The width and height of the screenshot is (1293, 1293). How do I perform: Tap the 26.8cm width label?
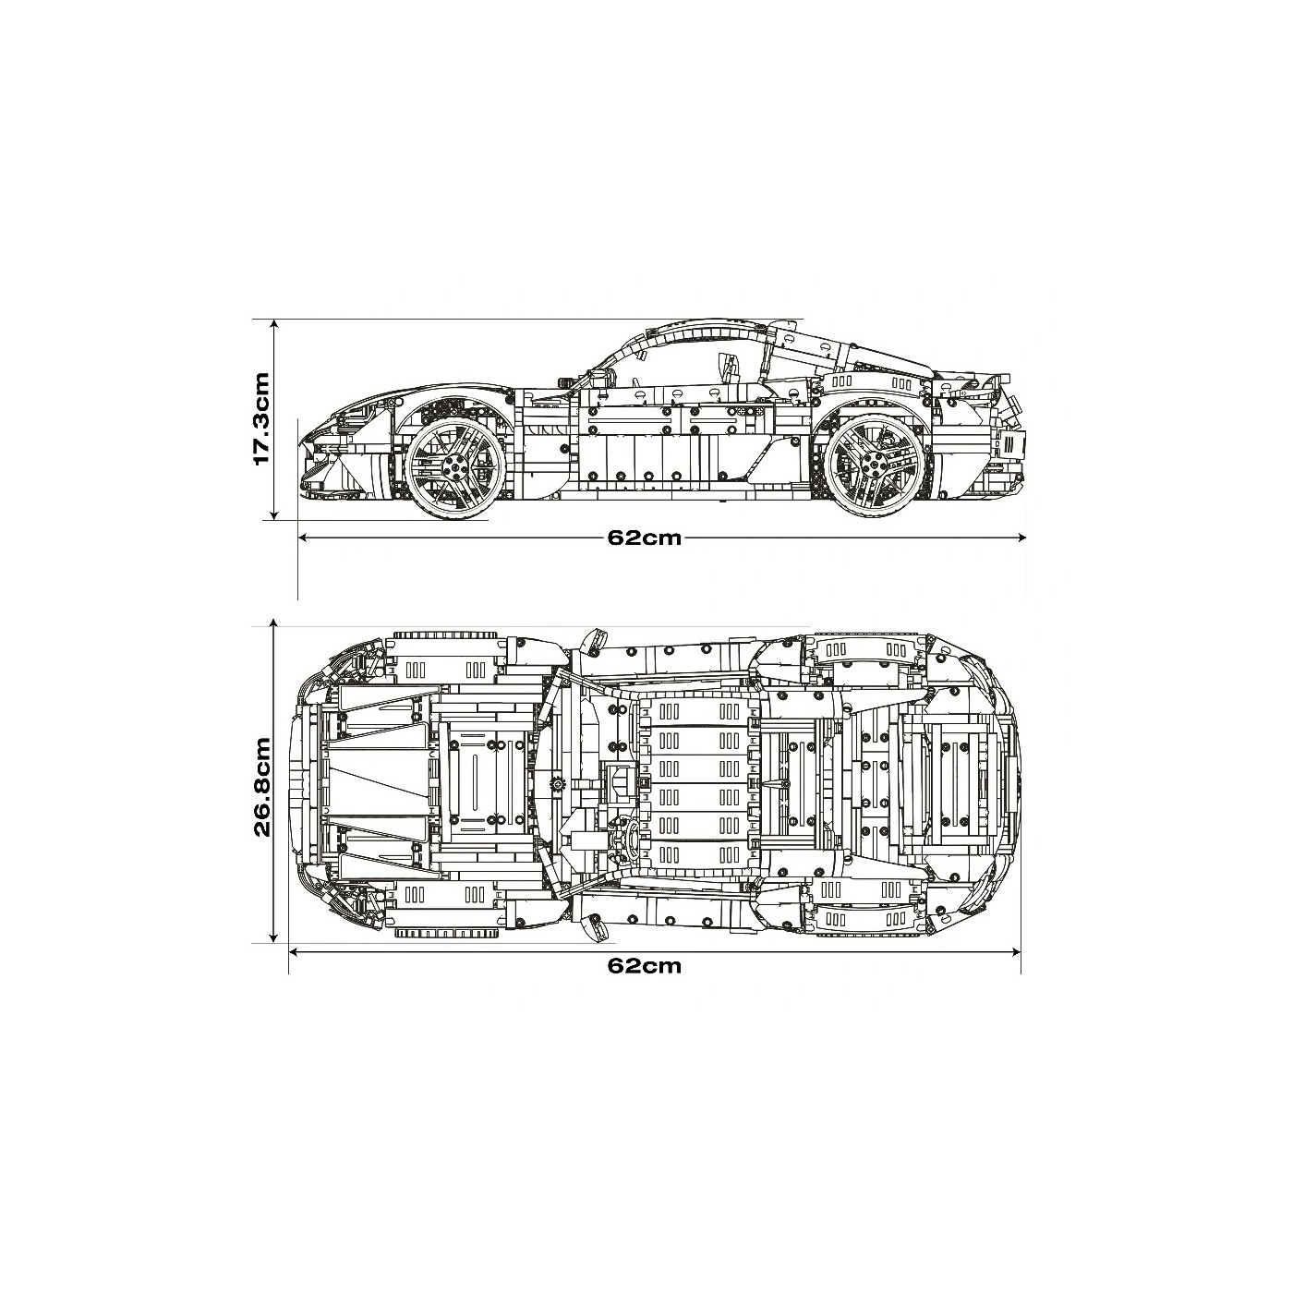point(261,786)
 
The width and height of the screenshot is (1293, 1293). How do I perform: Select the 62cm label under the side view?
point(644,538)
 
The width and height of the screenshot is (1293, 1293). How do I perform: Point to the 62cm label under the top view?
point(644,965)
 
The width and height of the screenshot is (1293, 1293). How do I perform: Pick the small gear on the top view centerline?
point(558,784)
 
